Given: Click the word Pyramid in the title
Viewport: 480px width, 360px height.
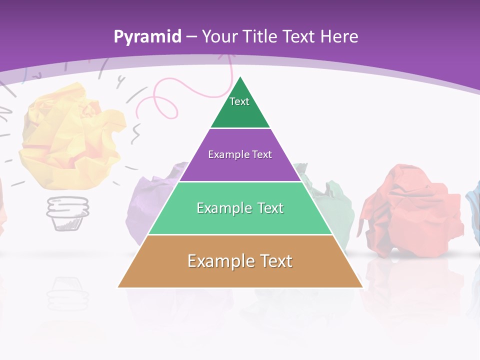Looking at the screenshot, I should point(147,37).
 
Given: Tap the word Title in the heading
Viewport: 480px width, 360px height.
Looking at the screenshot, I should point(262,36).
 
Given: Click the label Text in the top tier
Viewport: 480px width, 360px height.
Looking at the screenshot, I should point(239,101).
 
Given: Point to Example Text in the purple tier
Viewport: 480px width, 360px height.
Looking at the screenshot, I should point(240,154).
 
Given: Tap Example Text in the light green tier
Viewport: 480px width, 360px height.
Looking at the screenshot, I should point(240,208).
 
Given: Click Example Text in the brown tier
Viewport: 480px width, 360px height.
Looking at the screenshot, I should point(240,261).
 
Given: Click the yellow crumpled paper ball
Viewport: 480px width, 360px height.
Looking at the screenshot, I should point(72,135).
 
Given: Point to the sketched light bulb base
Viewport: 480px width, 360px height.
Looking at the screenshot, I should point(68,212).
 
